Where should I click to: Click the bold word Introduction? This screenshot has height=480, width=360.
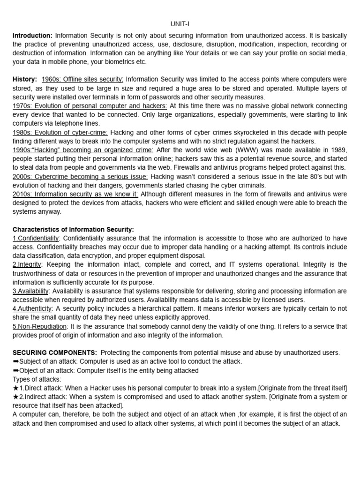point(32,36)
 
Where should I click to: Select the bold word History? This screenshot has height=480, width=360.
point(24,80)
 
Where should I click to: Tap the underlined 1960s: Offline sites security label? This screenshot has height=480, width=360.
point(82,80)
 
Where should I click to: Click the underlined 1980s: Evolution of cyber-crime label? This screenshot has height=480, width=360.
point(60,132)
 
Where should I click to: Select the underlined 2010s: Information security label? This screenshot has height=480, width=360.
point(75,194)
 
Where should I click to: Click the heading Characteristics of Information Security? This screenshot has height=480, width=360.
point(73,229)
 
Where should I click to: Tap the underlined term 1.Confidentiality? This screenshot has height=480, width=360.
point(36,238)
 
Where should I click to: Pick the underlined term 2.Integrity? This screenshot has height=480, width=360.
point(27,264)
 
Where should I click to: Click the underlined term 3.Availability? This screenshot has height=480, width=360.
point(30,291)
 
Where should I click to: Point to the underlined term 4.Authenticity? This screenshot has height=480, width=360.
point(32,308)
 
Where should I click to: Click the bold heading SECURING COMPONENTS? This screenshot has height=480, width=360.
point(55,352)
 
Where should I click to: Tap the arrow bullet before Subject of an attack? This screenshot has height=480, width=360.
point(15,361)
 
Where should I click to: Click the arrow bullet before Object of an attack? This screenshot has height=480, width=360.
point(15,370)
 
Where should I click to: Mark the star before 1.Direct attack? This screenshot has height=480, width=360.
point(15,388)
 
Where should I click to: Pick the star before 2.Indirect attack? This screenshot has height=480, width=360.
point(15,397)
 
